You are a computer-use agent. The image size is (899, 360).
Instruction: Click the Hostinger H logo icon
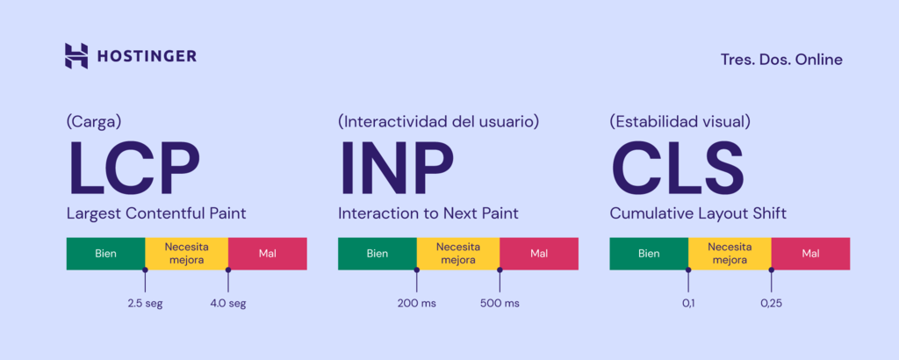77,55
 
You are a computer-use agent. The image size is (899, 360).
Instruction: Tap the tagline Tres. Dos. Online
780,60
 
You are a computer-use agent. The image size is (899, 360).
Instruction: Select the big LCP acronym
133,169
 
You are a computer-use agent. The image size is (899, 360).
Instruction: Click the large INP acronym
396,169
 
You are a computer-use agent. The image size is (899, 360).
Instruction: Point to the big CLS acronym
677,169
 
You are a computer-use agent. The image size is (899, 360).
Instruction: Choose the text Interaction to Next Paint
428,212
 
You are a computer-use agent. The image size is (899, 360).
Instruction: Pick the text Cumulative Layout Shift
697,212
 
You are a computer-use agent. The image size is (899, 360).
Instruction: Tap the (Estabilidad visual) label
680,121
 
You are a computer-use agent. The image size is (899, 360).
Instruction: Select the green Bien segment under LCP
105,254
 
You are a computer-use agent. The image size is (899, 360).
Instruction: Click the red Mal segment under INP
539,254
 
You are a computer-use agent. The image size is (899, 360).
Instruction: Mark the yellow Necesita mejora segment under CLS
730,254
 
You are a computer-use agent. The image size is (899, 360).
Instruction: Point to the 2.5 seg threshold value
145,304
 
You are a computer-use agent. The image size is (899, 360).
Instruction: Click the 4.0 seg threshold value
228,304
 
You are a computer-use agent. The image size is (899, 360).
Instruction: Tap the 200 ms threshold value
416,304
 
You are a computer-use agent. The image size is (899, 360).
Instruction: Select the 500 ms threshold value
500,304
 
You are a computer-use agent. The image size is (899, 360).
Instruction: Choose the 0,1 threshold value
688,304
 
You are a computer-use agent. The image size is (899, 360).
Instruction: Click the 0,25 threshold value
772,304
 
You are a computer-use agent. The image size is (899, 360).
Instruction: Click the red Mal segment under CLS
810,254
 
